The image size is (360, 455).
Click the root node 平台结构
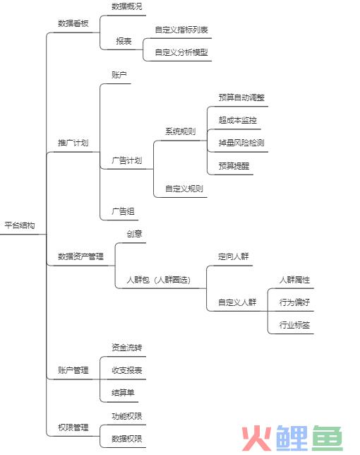point(20,225)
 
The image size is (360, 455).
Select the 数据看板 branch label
point(73,23)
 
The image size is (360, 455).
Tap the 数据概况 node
point(127,6)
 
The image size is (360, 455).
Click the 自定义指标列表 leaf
point(181,30)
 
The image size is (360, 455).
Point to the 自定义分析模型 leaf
point(181,52)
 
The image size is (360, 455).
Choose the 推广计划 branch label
point(73,143)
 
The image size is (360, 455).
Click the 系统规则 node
point(180,131)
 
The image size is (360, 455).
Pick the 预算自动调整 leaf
point(241,97)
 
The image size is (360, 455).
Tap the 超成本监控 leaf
point(238,120)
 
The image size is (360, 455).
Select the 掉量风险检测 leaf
point(241,143)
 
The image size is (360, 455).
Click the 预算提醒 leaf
point(234,166)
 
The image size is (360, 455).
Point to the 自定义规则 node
point(184,189)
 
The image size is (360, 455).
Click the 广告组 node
point(124,211)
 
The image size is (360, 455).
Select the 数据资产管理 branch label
point(80,256)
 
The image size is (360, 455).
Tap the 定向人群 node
point(234,256)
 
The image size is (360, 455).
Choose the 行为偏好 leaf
point(294,302)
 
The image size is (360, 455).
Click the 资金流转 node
point(127,348)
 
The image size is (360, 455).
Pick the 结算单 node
point(124,393)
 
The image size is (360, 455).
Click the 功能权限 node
point(127,416)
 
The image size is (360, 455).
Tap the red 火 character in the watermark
point(256,438)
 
